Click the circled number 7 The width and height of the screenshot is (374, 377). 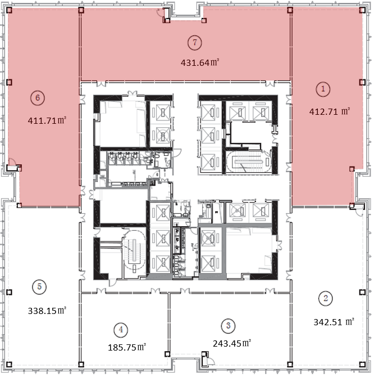click(x=194, y=43)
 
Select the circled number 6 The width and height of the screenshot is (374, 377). click(x=38, y=98)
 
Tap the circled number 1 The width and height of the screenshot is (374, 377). click(x=323, y=89)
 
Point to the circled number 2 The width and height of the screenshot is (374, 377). click(x=326, y=298)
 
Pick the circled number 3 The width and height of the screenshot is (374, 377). click(x=228, y=326)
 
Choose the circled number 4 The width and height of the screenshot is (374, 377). click(x=121, y=330)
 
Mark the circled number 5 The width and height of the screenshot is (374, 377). click(x=39, y=286)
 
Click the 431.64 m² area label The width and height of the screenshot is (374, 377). click(x=200, y=62)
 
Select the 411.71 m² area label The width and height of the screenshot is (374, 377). click(x=47, y=120)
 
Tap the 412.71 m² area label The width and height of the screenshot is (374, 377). click(x=330, y=111)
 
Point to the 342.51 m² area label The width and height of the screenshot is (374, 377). click(x=334, y=322)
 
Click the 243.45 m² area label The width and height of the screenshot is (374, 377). click(x=232, y=343)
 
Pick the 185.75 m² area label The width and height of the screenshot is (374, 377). click(x=127, y=347)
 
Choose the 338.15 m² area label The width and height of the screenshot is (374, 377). click(x=47, y=311)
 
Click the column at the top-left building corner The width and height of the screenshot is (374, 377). click(x=9, y=10)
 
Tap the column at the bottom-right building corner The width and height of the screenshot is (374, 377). click(x=362, y=365)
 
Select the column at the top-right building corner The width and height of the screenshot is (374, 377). click(x=362, y=10)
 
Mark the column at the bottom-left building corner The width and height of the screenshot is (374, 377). click(x=9, y=365)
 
